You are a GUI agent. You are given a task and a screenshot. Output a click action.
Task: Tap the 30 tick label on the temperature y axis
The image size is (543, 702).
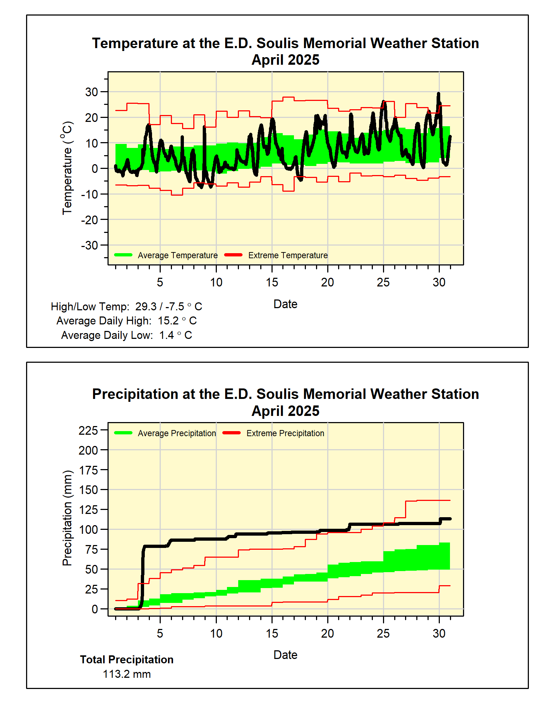click(92, 92)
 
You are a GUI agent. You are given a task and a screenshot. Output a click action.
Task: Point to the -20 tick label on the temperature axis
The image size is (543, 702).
click(89, 220)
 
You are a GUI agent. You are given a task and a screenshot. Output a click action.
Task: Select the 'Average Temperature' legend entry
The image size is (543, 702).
click(177, 255)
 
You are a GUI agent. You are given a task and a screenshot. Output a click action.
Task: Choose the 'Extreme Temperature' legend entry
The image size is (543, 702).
click(288, 255)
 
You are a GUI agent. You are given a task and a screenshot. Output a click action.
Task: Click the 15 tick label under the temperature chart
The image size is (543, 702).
click(272, 282)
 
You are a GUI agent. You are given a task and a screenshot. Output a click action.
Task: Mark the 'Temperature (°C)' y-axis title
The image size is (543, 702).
click(67, 168)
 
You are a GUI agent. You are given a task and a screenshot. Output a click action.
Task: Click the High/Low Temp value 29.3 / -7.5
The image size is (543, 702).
click(160, 307)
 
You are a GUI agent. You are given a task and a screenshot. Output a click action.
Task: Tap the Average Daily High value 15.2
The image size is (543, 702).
click(168, 321)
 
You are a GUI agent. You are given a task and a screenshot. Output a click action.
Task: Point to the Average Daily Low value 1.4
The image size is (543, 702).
click(167, 335)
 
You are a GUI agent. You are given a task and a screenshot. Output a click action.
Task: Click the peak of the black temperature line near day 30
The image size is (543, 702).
click(438, 94)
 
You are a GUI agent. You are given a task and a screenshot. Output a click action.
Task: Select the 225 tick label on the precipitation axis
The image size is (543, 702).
click(88, 430)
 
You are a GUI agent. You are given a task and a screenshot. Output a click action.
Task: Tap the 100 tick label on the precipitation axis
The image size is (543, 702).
click(88, 529)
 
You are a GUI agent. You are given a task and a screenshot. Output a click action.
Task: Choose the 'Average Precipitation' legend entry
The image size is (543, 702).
click(177, 433)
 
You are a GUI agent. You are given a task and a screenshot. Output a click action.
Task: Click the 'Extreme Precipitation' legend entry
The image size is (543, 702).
click(285, 433)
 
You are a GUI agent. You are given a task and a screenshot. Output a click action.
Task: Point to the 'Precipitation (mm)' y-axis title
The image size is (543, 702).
click(67, 518)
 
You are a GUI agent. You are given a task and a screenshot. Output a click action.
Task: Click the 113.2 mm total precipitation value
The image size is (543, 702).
click(127, 674)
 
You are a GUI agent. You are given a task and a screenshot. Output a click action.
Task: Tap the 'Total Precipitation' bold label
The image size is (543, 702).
click(127, 660)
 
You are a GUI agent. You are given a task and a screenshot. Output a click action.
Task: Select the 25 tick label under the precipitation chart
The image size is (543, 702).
click(383, 633)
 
